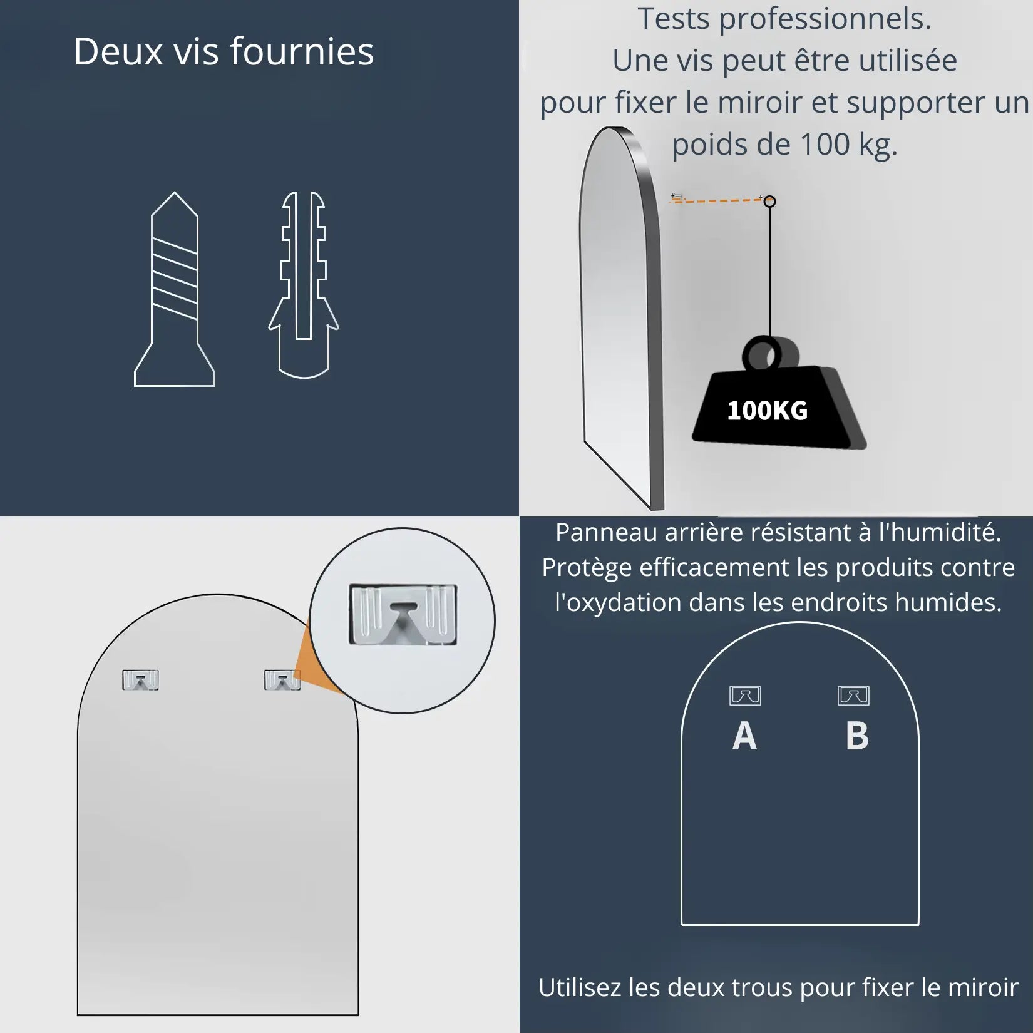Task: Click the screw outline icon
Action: (175, 289)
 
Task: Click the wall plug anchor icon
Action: (304, 285)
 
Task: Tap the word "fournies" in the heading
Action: (302, 51)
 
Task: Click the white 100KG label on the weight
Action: (767, 411)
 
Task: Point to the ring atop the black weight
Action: (770, 355)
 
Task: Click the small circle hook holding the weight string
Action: (770, 201)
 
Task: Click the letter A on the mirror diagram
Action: (744, 736)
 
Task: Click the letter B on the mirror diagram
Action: (857, 736)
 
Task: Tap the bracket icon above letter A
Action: (745, 696)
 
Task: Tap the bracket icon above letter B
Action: (853, 696)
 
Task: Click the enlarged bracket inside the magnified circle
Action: (403, 615)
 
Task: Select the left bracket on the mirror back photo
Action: (140, 680)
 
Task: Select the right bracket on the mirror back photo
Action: (282, 680)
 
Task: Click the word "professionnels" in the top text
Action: (824, 19)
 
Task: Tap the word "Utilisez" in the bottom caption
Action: (580, 987)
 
